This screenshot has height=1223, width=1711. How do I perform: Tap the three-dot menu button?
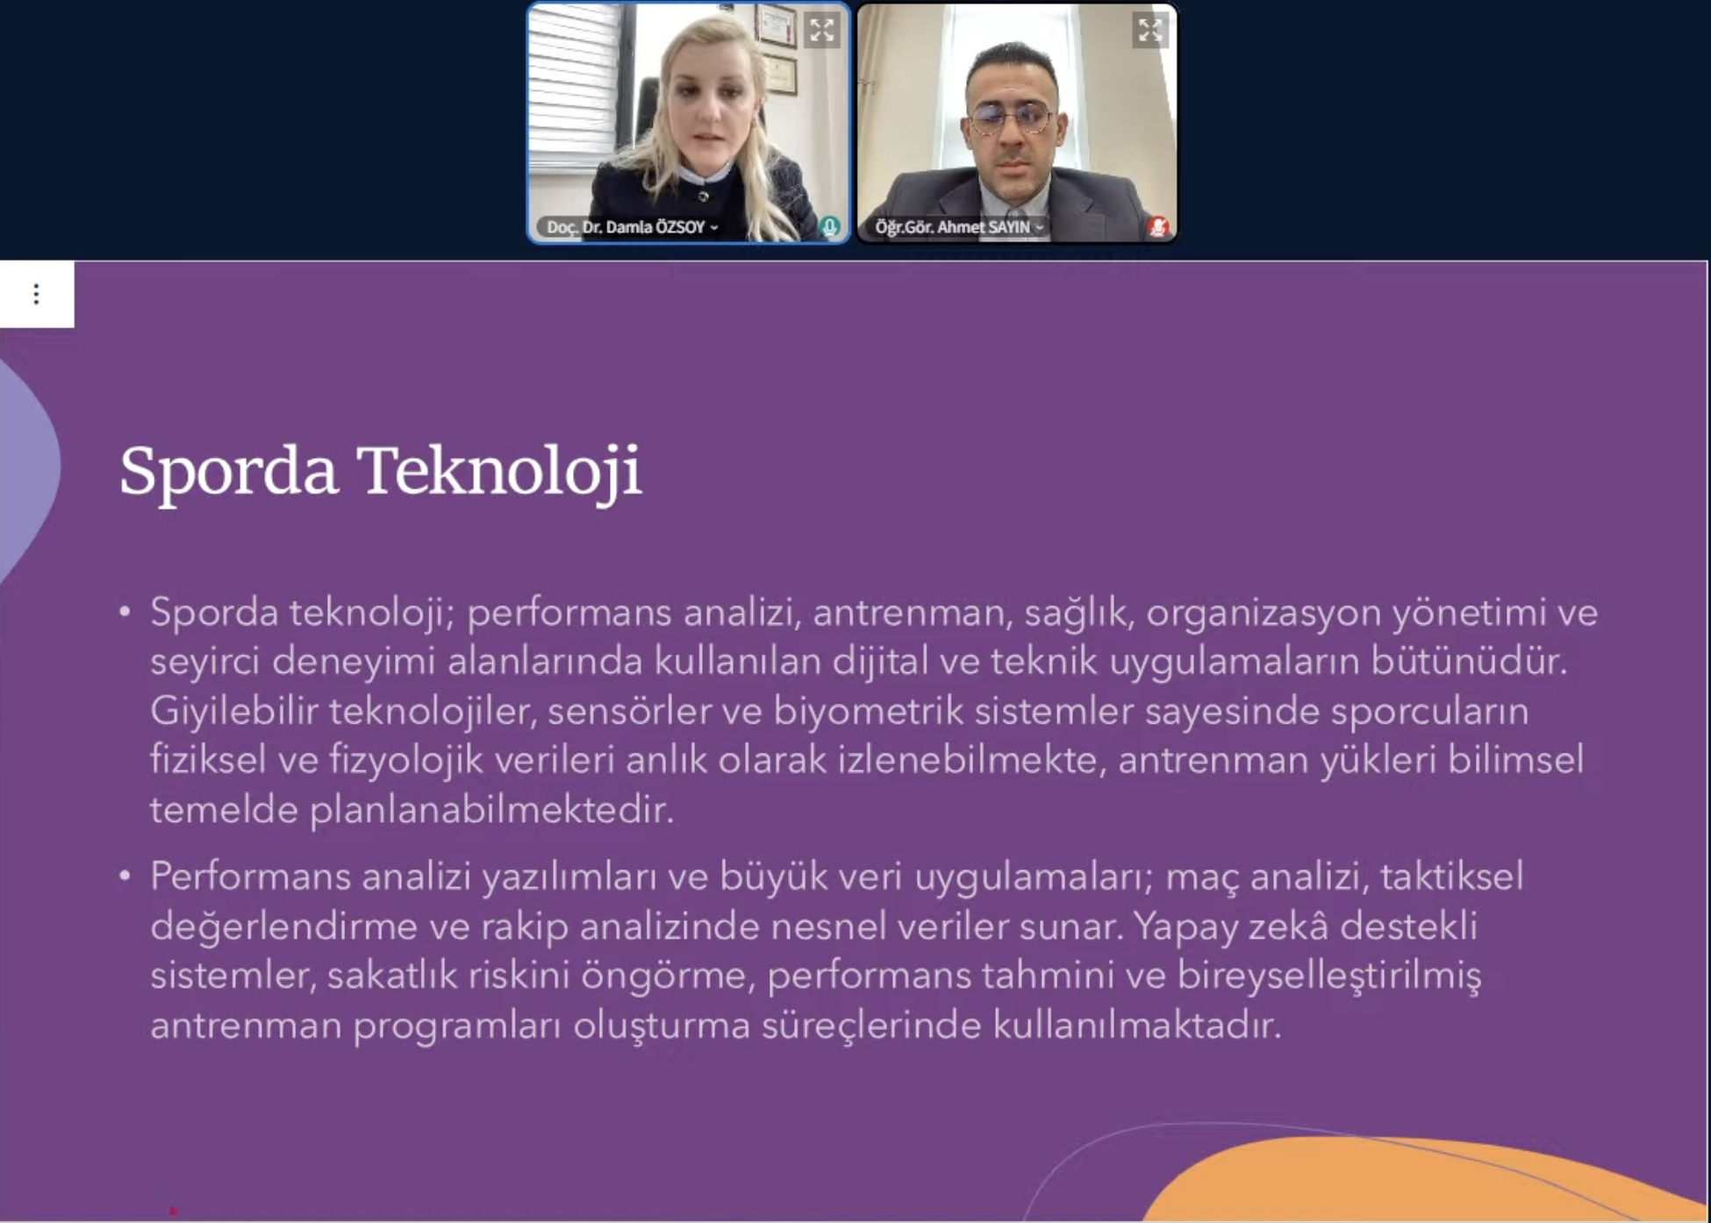click(x=36, y=294)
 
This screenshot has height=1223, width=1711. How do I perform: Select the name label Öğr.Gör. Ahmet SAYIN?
click(x=953, y=227)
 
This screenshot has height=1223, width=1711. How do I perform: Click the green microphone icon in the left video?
click(x=829, y=226)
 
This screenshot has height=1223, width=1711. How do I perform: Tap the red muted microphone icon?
click(x=1157, y=227)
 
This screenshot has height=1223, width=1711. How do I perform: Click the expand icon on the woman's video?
click(x=822, y=31)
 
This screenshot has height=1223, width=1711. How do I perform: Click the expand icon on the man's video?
click(x=1149, y=31)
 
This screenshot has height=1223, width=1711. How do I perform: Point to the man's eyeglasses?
click(x=1011, y=118)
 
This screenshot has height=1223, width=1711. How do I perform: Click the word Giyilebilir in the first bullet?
click(x=234, y=712)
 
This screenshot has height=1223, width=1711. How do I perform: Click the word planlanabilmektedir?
click(x=491, y=810)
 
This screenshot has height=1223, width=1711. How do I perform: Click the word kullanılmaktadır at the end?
click(x=1137, y=1025)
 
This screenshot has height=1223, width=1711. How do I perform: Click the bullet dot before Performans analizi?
click(x=125, y=876)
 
